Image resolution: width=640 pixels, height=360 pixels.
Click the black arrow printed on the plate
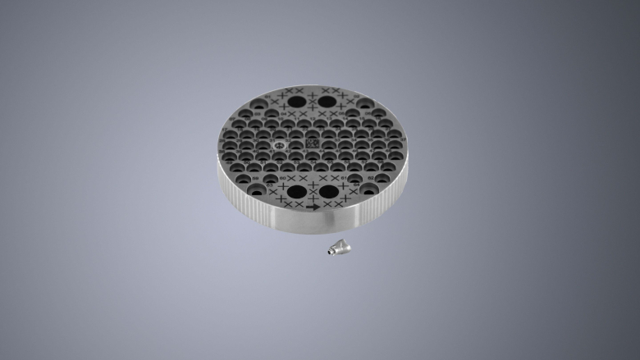click(x=313, y=208)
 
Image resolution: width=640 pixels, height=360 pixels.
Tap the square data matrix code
click(x=312, y=143)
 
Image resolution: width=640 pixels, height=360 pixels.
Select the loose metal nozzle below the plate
click(x=337, y=247)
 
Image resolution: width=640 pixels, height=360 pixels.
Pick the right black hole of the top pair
click(x=327, y=102)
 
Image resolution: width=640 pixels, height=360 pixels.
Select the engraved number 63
click(x=270, y=185)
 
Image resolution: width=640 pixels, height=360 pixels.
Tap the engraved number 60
click(x=282, y=178)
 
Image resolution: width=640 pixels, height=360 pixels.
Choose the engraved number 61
click(x=343, y=178)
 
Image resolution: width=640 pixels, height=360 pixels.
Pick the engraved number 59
click(x=255, y=178)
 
